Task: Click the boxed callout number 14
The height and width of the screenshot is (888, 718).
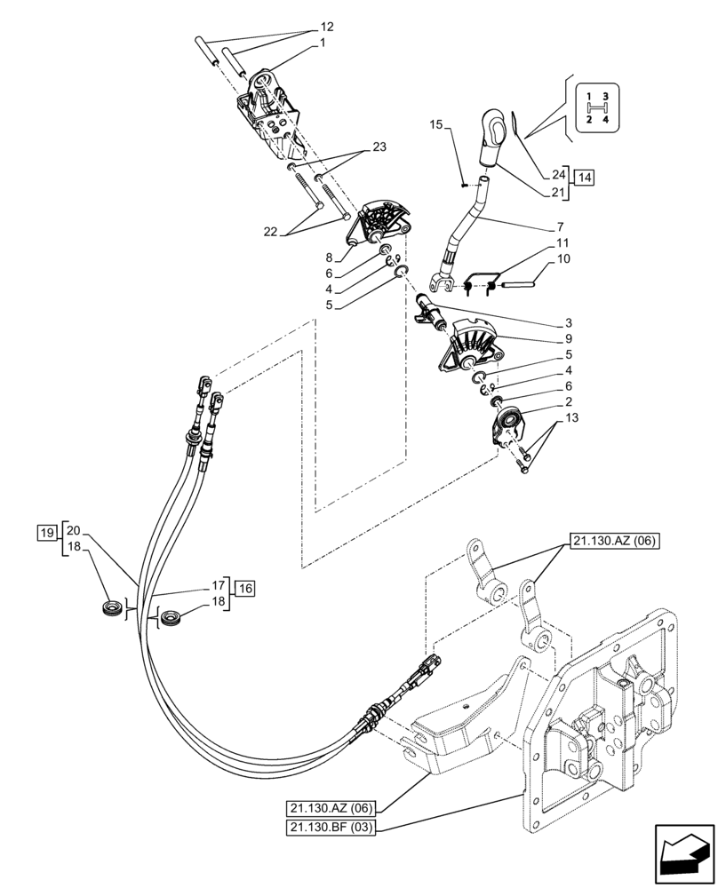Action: pyautogui.click(x=584, y=178)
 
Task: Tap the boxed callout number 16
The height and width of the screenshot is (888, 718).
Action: pyautogui.click(x=246, y=587)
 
